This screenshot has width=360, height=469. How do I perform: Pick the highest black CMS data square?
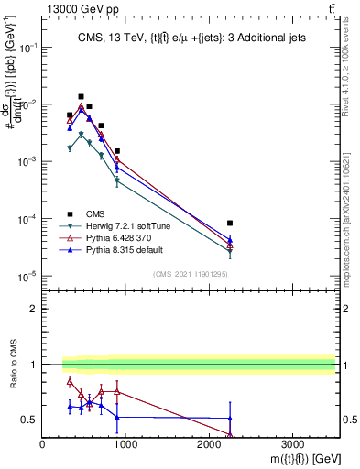(81, 96)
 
